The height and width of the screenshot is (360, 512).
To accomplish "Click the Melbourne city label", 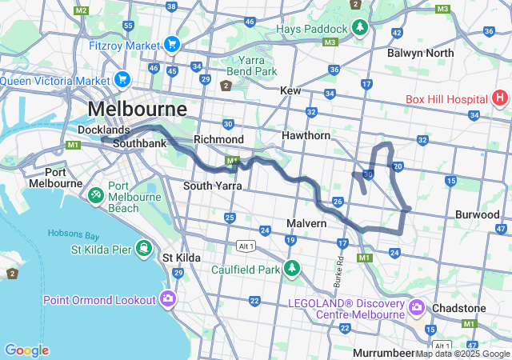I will pos(137,109).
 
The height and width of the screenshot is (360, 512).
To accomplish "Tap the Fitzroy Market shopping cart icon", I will pos(170,45).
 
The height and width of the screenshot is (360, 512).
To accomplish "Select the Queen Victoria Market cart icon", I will pos(122,79).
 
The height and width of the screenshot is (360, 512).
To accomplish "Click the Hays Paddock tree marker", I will pos(360,28).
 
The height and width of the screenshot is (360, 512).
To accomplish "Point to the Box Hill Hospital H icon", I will pos(500,99).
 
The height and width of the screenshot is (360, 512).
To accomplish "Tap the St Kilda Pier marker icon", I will pos(144,246).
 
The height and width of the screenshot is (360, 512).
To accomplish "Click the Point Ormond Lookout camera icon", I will pos(167,299).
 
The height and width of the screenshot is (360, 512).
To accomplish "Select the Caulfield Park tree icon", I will pos(292,268).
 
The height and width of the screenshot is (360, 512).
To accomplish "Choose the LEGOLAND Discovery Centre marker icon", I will pos(416,307).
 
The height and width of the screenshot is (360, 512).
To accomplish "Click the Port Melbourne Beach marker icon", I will pos(95,194).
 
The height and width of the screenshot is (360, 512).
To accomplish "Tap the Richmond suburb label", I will pos(218,139).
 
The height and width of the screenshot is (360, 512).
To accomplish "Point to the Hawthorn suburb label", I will pos(306,136).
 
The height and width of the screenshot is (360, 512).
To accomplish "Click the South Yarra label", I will pos(212,186).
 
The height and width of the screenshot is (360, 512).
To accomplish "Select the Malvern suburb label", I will pos(307,223).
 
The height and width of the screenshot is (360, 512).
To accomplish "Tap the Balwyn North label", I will pos(420,53).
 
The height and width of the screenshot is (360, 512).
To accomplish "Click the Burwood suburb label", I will pos(478,214).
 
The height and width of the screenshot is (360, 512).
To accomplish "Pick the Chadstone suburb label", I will pos(458,308).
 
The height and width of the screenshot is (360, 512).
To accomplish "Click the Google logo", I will pos(26,350).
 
